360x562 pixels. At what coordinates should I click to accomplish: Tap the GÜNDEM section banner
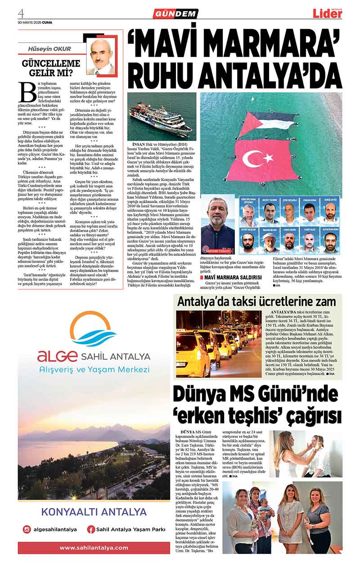[175, 14]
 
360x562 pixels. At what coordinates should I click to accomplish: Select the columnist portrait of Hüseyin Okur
[102, 56]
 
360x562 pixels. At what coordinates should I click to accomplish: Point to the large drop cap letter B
[27, 92]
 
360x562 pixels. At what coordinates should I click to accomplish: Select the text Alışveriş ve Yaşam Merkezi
[94, 369]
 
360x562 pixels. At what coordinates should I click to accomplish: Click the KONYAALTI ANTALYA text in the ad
[94, 512]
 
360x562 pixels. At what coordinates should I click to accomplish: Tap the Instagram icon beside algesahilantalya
[27, 529]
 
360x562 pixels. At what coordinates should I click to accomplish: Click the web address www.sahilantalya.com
[94, 548]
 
